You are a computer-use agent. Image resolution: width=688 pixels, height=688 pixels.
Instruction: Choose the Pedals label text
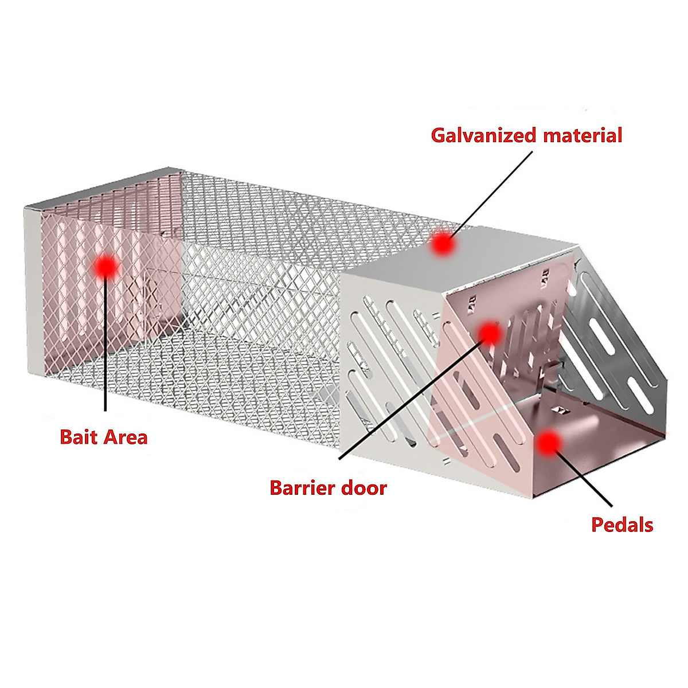pyautogui.click(x=622, y=525)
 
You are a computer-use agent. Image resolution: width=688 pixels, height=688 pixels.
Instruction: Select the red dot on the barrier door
pyautogui.click(x=489, y=333)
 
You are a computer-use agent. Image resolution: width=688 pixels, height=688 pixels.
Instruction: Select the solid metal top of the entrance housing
pyautogui.click(x=459, y=264)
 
